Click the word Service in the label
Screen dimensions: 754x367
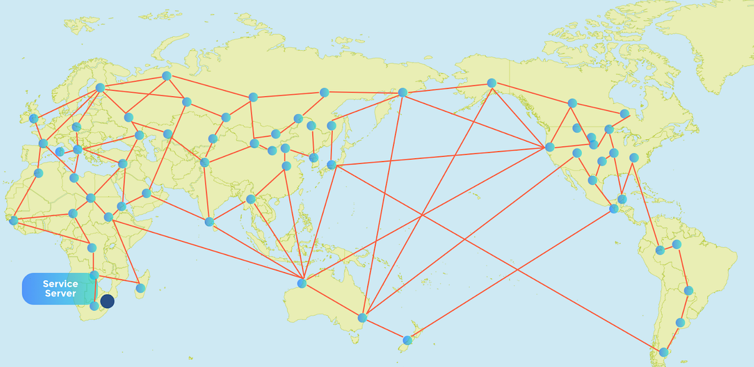(x=61, y=284)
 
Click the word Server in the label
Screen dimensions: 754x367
(x=61, y=294)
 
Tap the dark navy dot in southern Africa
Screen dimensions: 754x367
(x=107, y=301)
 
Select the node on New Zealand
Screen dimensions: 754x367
(x=408, y=340)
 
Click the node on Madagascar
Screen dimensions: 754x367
(x=140, y=288)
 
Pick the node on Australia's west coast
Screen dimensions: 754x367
(x=301, y=283)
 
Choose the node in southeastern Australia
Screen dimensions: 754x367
(x=363, y=318)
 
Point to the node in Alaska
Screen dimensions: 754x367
(x=491, y=83)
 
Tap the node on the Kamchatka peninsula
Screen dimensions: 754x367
(x=403, y=92)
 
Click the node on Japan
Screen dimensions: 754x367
(x=331, y=164)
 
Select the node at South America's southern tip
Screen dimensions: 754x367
(x=663, y=352)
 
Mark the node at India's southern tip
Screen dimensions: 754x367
(x=209, y=222)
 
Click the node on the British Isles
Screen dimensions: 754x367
(x=33, y=118)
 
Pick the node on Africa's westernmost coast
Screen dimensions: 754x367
(x=13, y=220)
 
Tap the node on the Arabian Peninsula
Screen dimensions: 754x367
(x=147, y=193)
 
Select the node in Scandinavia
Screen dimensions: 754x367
(x=100, y=88)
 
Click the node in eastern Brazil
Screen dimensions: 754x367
(x=688, y=290)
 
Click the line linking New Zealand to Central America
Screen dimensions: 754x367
(x=511, y=274)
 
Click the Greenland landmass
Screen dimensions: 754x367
(x=705, y=33)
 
